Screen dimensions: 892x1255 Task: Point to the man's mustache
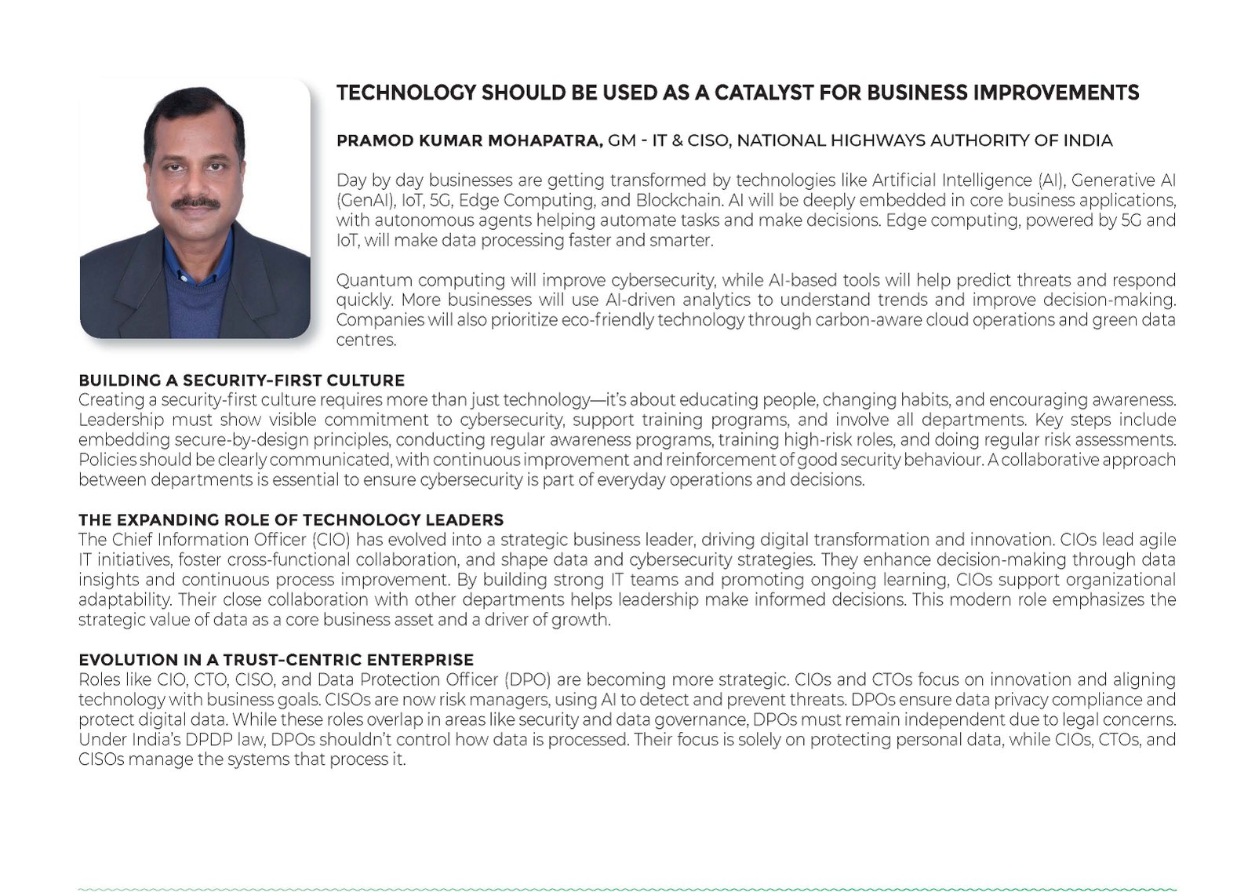pyautogui.click(x=195, y=202)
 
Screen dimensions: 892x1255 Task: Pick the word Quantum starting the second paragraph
pyautogui.click(x=369, y=280)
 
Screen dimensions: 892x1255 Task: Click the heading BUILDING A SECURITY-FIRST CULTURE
pyautogui.click(x=242, y=380)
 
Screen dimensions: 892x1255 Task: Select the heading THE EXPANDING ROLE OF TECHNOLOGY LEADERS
pyautogui.click(x=291, y=520)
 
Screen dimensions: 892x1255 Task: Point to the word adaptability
pyautogui.click(x=125, y=600)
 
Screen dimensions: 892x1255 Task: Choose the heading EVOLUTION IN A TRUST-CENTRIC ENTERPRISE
pyautogui.click(x=276, y=660)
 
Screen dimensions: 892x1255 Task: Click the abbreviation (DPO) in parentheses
pyautogui.click(x=530, y=679)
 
